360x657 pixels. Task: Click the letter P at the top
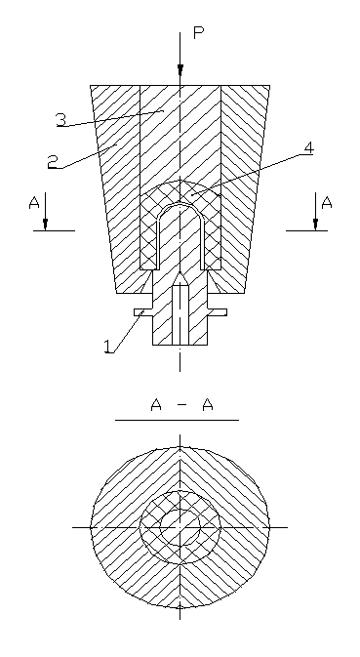pyautogui.click(x=198, y=33)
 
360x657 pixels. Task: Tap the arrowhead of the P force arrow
pyautogui.click(x=180, y=70)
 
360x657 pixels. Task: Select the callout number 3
pyautogui.click(x=61, y=120)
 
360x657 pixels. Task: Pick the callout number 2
pyautogui.click(x=53, y=162)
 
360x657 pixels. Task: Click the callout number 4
pyautogui.click(x=308, y=148)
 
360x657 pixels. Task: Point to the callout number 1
pyautogui.click(x=108, y=347)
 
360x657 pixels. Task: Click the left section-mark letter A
pyautogui.click(x=34, y=203)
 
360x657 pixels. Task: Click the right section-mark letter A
pyautogui.click(x=327, y=203)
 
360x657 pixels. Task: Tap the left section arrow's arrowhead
pyautogui.click(x=45, y=225)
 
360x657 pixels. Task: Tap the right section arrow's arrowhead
pyautogui.click(x=316, y=225)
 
